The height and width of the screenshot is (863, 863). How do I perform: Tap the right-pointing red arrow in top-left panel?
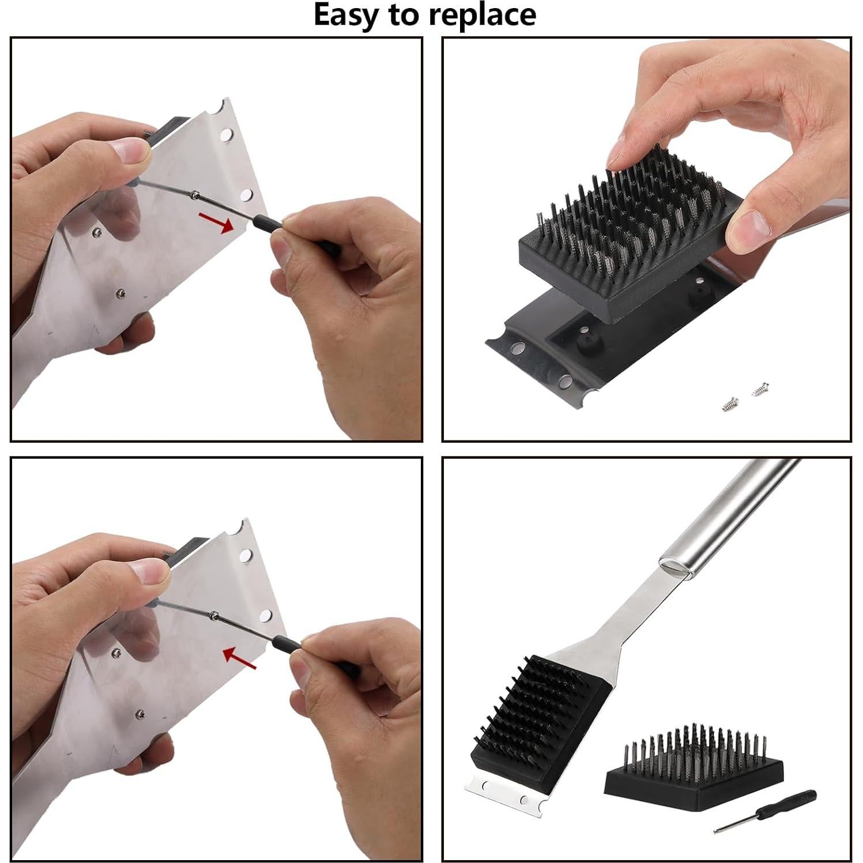click(x=216, y=222)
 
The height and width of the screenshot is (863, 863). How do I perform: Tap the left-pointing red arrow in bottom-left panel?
click(x=240, y=657)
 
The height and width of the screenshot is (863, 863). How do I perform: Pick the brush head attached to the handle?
click(x=539, y=715)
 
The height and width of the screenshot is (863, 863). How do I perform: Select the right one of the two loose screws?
click(x=760, y=390)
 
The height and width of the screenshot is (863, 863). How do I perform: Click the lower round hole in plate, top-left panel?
click(x=247, y=194)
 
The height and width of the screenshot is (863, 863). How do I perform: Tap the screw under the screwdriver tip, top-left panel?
click(x=196, y=195)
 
